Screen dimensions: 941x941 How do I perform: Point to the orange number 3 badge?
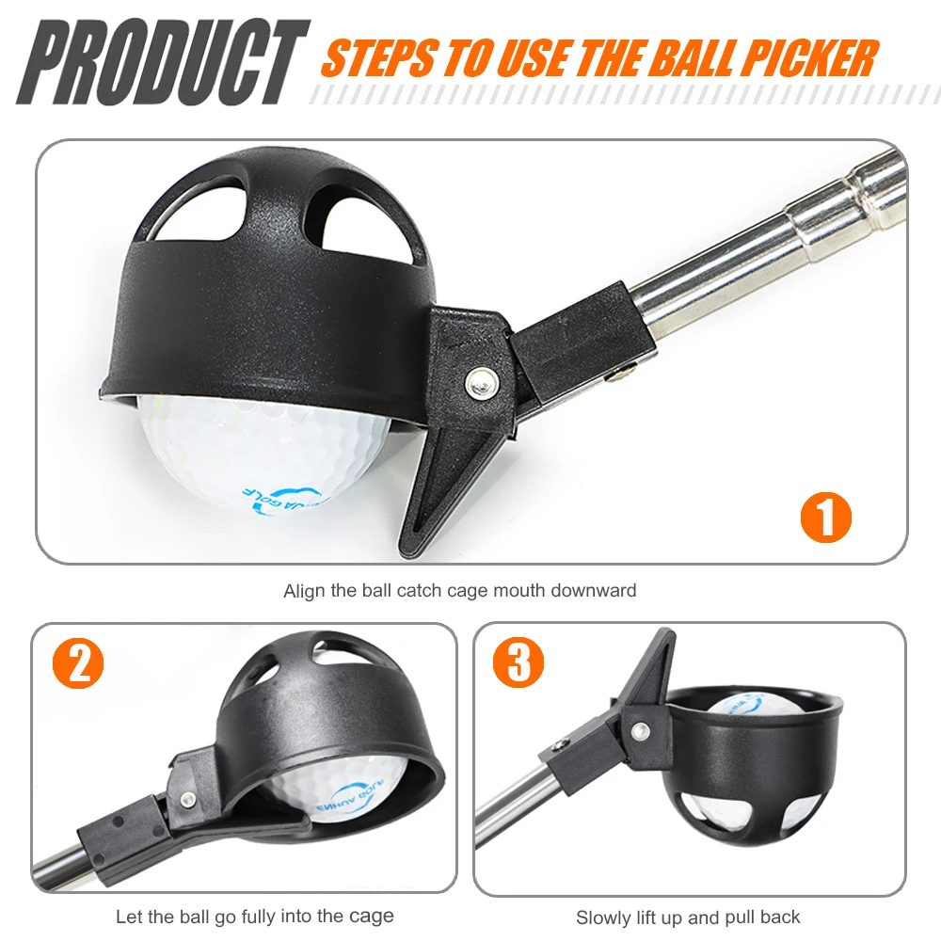pyautogui.click(x=518, y=663)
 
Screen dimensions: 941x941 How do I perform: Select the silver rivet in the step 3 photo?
pyautogui.click(x=641, y=729)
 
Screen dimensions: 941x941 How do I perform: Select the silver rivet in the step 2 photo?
pyautogui.click(x=188, y=800)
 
